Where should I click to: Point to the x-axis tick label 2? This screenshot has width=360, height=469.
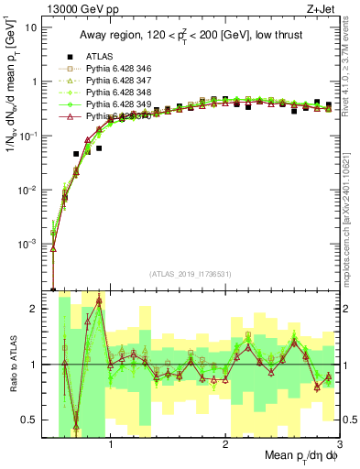[225, 448]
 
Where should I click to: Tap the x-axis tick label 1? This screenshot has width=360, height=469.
[111, 448]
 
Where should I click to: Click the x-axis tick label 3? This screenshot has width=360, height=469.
[339, 448]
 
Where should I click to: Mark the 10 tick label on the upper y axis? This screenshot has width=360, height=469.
[33, 27]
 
